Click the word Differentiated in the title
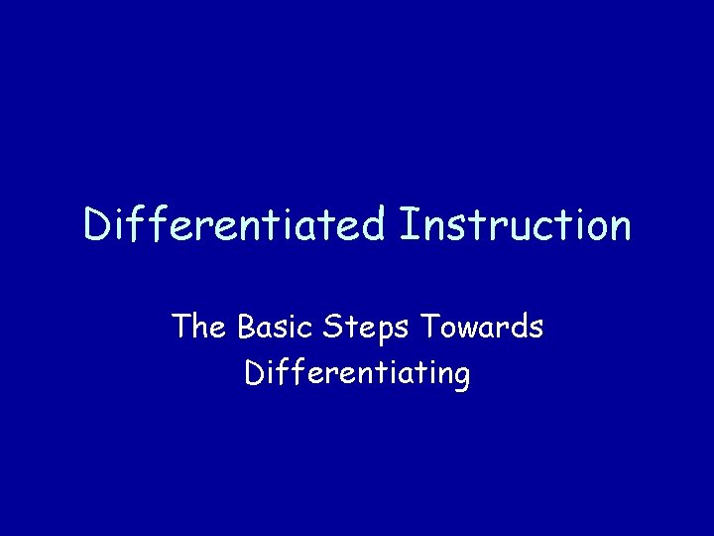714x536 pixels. pos(233,224)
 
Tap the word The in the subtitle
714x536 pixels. pos(198,327)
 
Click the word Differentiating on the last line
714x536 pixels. pos(357,374)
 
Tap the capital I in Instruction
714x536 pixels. pos(408,224)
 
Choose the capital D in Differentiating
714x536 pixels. pos(253,373)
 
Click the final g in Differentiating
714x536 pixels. pos(461,378)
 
